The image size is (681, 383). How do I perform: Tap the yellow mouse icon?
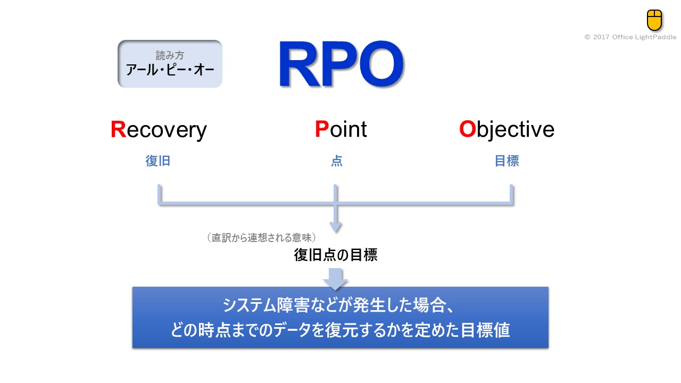pyautogui.click(x=654, y=20)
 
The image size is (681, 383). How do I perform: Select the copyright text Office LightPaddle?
pyautogui.click(x=630, y=37)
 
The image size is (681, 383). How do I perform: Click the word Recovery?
pyautogui.click(x=159, y=130)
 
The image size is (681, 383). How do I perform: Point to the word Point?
pyautogui.click(x=341, y=130)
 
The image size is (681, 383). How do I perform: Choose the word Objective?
pyautogui.click(x=506, y=130)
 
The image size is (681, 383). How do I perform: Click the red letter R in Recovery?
pyautogui.click(x=118, y=130)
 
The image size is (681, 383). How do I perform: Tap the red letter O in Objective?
pyautogui.click(x=467, y=130)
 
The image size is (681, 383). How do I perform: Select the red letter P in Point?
pyautogui.click(x=321, y=130)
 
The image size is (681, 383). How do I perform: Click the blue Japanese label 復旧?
pyautogui.click(x=158, y=161)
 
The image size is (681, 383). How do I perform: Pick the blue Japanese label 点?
pyautogui.click(x=336, y=161)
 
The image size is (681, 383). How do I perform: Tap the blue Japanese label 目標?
pyautogui.click(x=506, y=161)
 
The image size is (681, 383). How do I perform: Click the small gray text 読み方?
pyautogui.click(x=170, y=56)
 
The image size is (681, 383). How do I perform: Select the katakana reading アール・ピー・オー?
pyautogui.click(x=170, y=70)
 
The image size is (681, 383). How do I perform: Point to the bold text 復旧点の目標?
pyautogui.click(x=336, y=255)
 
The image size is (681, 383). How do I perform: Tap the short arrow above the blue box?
pyautogui.click(x=335, y=279)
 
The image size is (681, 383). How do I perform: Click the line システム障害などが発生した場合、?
pyautogui.click(x=340, y=306)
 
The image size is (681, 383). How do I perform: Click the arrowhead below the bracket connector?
pyautogui.click(x=335, y=226)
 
